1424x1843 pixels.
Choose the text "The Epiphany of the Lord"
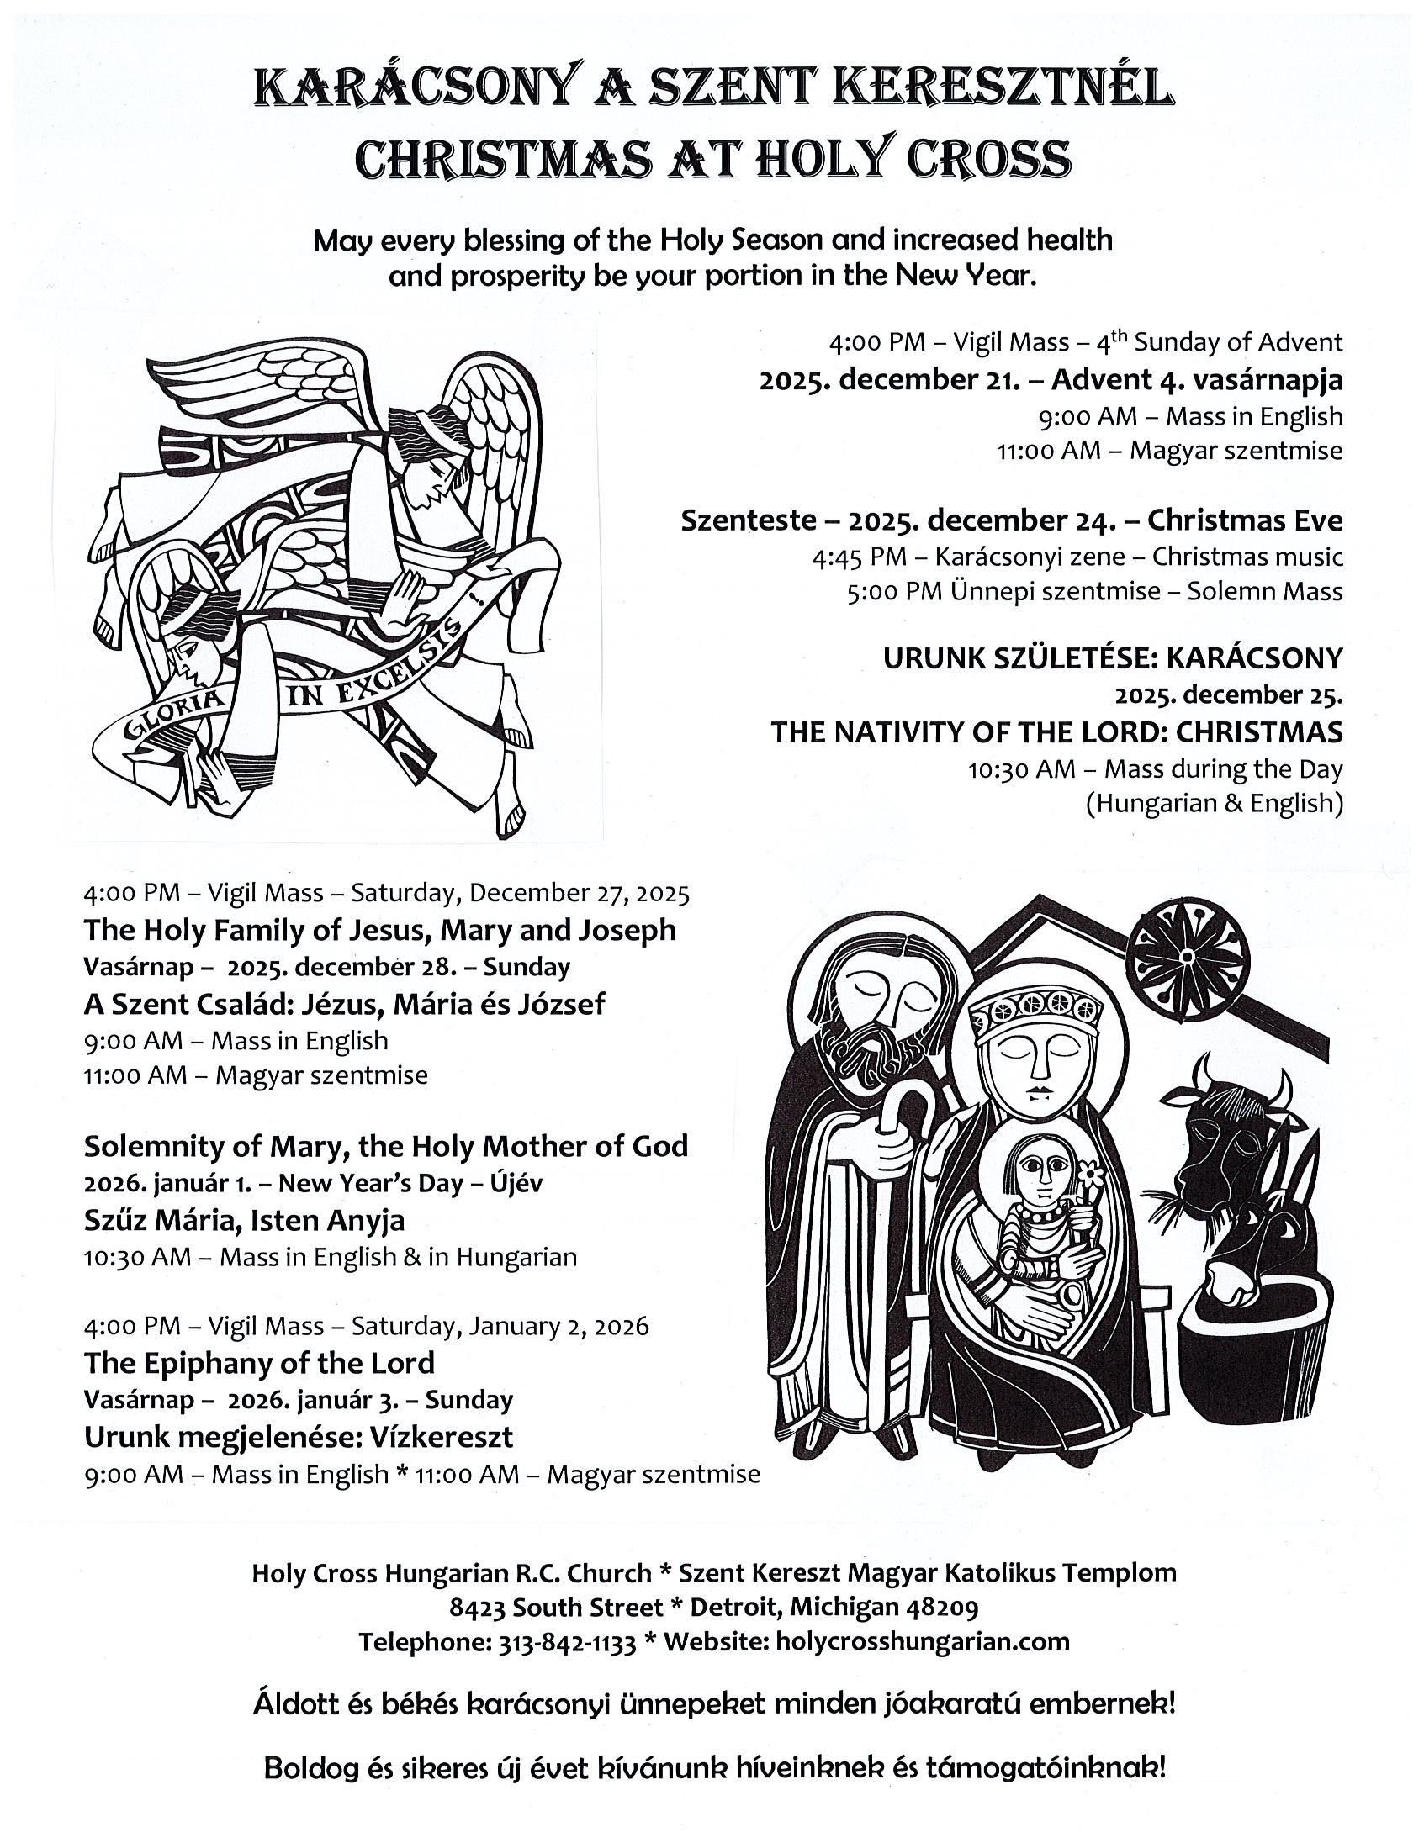[x=259, y=1363]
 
